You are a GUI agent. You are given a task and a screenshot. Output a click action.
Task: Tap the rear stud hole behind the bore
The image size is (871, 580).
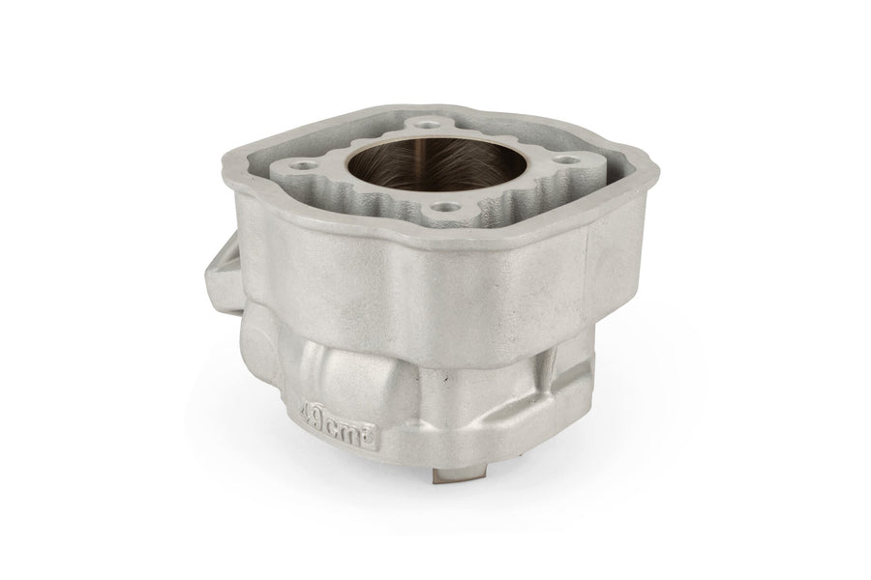tap(426, 125)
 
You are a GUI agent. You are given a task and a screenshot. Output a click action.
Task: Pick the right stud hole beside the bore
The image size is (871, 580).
tap(566, 159)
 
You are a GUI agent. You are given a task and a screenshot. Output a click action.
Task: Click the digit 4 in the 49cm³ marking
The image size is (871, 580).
tap(306, 414)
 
